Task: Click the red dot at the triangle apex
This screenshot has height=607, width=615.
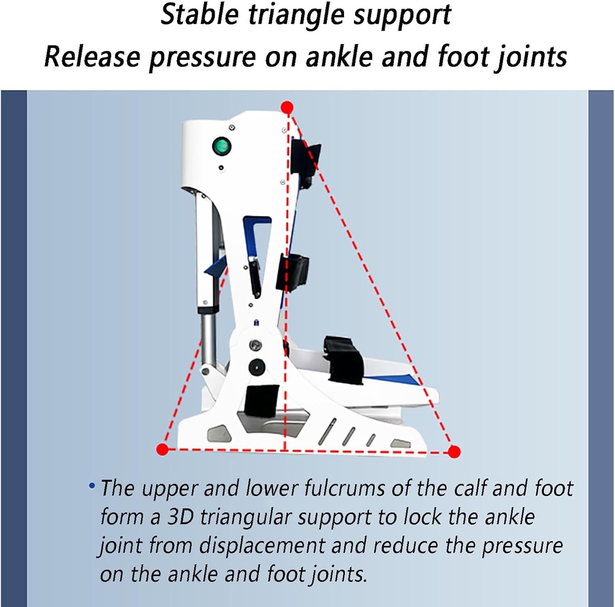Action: (x=287, y=108)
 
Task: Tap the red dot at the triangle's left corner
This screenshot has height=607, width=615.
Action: (x=163, y=449)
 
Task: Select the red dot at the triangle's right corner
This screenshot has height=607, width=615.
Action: (x=454, y=452)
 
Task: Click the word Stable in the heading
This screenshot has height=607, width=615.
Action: (x=199, y=15)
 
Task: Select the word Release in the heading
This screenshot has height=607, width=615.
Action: (x=92, y=56)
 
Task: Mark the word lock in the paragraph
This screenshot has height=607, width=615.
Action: (x=424, y=517)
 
